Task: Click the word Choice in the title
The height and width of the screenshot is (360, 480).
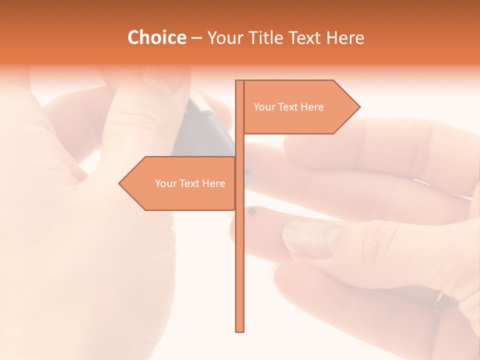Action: [156, 37]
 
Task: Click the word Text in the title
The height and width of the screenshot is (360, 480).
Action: [307, 38]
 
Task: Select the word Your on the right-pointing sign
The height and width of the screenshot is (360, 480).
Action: [264, 107]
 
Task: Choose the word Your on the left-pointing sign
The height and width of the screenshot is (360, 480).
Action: [165, 183]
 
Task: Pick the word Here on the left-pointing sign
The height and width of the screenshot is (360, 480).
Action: [214, 183]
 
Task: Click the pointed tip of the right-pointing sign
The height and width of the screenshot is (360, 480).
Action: [359, 106]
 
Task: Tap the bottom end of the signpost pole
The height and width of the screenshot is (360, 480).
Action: [240, 330]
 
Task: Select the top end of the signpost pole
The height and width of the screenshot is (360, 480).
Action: [240, 81]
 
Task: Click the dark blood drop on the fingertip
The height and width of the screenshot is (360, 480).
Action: [252, 211]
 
